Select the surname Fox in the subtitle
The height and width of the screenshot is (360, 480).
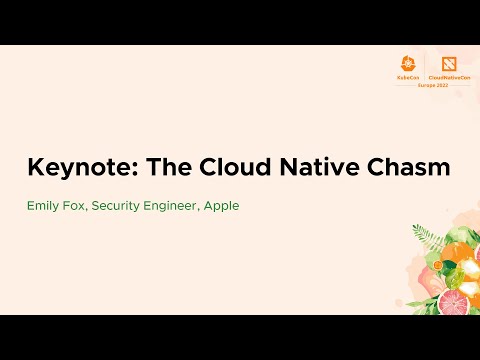click(x=78, y=206)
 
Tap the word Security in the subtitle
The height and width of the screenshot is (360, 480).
click(x=118, y=206)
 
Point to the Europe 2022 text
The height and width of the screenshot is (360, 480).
click(x=431, y=84)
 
